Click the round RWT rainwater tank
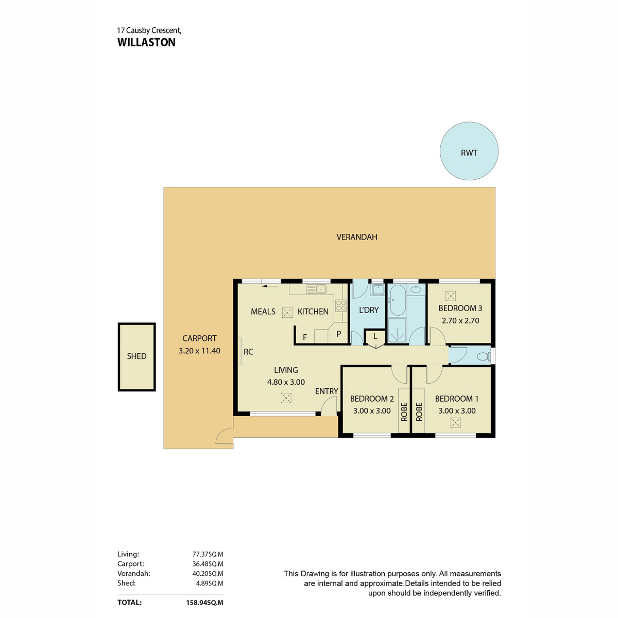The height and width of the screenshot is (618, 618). point(469,151)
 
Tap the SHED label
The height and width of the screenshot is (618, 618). point(136,356)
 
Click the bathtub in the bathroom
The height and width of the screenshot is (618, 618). point(397,300)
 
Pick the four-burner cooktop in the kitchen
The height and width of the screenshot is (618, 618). point(340,305)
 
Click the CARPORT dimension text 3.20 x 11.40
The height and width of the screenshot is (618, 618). point(199,351)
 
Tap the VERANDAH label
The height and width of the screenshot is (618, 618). point(356,237)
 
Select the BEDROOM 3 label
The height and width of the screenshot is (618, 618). point(460,308)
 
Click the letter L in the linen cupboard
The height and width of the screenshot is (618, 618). point(375,336)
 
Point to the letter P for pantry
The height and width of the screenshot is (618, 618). point(338,334)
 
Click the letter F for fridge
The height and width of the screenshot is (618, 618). point(305,337)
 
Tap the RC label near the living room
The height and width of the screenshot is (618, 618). point(248,352)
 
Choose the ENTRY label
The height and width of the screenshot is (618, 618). point(327,391)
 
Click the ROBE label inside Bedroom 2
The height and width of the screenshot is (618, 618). point(404,412)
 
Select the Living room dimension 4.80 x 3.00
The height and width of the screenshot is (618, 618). point(286,382)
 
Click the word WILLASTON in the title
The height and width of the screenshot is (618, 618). point(146,42)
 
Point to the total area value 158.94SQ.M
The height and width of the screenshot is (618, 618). point(204,602)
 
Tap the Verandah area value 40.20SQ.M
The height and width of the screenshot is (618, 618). point(208,573)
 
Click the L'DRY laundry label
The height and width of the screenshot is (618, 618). point(369,310)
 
